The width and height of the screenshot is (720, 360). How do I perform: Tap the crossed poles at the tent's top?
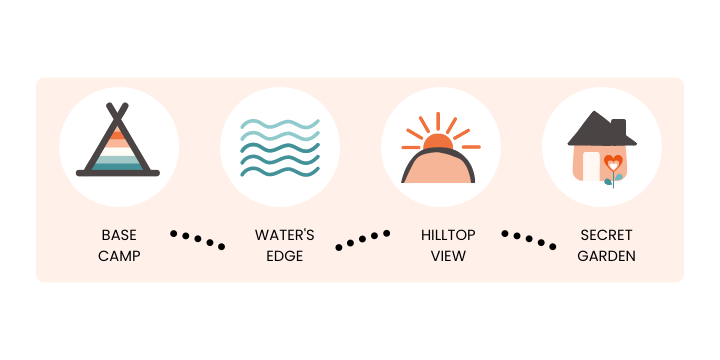point(118,112)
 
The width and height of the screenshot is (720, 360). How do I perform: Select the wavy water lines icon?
point(280,147)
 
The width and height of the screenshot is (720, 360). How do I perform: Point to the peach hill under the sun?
point(438,168)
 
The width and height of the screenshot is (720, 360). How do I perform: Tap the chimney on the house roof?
point(619,125)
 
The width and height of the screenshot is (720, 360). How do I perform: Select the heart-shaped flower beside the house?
point(613,163)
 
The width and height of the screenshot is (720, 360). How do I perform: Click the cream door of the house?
point(591,166)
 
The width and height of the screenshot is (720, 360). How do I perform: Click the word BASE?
point(119,235)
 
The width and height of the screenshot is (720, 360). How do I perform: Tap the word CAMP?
point(119,256)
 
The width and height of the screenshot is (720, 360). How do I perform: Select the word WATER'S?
point(285,235)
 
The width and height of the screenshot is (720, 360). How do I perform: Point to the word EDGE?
point(285,256)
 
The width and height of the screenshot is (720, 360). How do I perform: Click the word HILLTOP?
point(448,235)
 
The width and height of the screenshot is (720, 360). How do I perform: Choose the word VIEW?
point(448,256)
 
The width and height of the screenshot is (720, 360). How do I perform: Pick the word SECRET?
point(606,235)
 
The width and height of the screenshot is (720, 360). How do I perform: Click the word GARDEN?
point(606,256)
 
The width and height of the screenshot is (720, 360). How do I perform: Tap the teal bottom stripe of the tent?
point(118,167)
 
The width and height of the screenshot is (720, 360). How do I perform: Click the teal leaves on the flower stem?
point(613,180)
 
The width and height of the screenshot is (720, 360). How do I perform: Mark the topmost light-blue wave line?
point(280,124)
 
